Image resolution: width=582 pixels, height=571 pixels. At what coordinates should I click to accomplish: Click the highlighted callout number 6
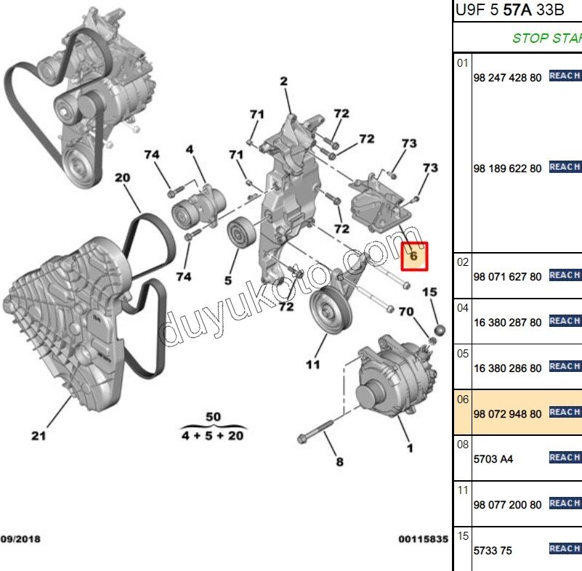[413, 256]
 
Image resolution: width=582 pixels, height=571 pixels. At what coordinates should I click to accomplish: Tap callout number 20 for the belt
[122, 177]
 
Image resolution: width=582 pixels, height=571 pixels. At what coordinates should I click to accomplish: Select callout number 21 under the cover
[39, 436]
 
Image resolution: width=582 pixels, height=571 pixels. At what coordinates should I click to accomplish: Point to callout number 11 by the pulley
[312, 364]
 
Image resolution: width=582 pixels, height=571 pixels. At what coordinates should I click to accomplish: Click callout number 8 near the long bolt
[339, 461]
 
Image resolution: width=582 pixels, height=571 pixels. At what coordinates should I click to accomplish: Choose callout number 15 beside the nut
[430, 292]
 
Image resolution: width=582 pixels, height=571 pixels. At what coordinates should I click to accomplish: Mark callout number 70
[405, 312]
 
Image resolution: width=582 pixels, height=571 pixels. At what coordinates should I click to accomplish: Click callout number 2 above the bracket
[283, 81]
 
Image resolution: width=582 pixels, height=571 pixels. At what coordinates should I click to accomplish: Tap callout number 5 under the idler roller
[227, 279]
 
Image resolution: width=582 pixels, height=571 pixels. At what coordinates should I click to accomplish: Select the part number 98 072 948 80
[507, 413]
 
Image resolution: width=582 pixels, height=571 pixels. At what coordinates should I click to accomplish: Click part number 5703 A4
[493, 459]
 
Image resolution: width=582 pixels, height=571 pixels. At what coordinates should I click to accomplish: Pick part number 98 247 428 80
[507, 77]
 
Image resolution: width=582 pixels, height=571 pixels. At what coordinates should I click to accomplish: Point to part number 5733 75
[493, 551]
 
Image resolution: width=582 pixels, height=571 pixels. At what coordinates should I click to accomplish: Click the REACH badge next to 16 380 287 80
[565, 321]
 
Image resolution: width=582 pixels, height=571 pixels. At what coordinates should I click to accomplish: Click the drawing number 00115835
[422, 539]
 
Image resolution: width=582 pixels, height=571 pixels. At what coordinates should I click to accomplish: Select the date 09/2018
[21, 539]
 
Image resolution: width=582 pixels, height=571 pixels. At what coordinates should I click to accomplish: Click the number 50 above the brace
[213, 416]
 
